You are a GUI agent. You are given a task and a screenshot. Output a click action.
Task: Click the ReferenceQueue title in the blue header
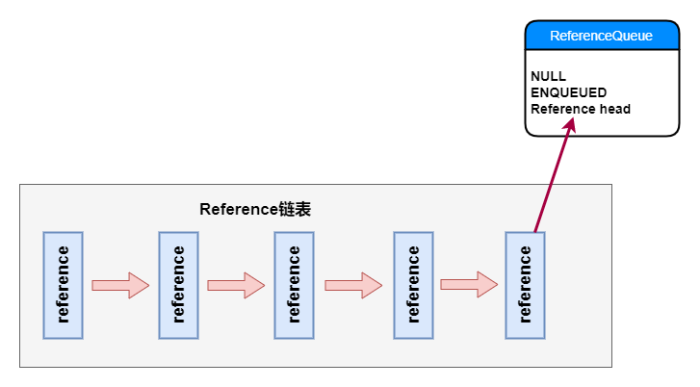click(x=601, y=36)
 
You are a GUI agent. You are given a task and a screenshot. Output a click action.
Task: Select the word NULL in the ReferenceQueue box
click(x=548, y=76)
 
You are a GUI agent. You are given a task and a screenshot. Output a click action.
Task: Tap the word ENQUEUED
click(x=568, y=92)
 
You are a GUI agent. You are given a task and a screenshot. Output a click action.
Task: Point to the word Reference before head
click(x=562, y=109)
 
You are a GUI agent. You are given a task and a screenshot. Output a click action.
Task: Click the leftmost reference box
click(x=63, y=285)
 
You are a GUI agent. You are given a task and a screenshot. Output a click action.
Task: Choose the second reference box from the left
click(x=178, y=285)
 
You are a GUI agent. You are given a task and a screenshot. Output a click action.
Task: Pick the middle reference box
click(x=294, y=285)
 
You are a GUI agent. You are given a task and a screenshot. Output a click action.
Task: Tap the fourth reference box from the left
click(x=413, y=285)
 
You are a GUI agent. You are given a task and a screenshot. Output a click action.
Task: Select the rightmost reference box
click(x=525, y=285)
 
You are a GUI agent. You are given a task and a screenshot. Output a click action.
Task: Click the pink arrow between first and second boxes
click(x=120, y=285)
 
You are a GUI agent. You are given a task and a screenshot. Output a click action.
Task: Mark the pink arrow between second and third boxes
click(x=236, y=285)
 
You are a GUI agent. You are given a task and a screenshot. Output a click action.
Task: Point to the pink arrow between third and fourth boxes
click(x=353, y=285)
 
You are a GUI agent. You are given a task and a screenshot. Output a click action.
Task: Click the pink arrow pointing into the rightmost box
click(x=469, y=285)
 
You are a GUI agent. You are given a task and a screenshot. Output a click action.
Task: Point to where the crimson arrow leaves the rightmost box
click(x=535, y=232)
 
